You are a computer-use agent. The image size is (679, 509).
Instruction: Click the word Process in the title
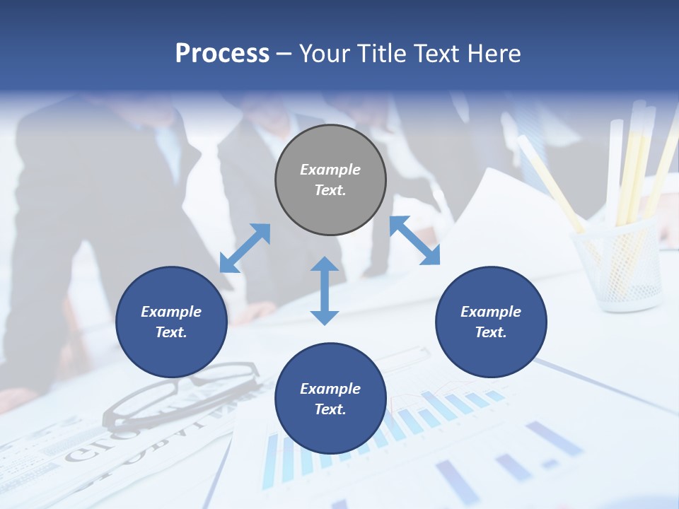tap(222, 54)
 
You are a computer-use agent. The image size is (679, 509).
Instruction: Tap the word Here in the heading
tap(495, 54)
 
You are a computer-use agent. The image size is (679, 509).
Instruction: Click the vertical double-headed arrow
tap(325, 291)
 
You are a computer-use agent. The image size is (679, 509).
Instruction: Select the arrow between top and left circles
tap(245, 248)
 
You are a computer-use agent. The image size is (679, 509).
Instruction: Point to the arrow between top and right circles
tap(415, 240)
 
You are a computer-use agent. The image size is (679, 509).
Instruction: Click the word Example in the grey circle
tap(330, 170)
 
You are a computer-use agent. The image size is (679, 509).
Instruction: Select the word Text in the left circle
tap(171, 332)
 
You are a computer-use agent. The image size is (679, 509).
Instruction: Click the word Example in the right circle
tap(491, 312)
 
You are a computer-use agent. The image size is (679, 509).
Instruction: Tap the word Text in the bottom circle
tap(330, 409)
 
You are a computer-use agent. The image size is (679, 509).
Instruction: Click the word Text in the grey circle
tap(330, 190)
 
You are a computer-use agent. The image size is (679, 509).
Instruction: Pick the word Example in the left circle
tap(171, 312)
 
